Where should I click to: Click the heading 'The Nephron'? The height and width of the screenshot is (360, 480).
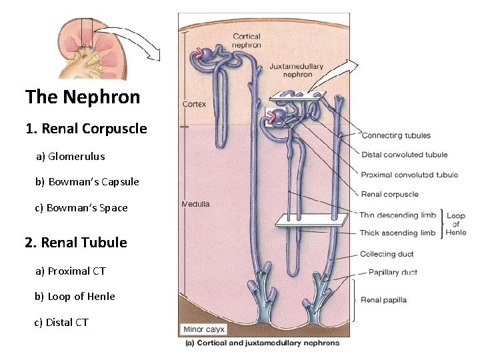click(x=83, y=97)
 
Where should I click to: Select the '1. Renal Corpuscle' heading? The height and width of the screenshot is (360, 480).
click(x=86, y=129)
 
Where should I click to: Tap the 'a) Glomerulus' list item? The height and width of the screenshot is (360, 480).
click(x=70, y=157)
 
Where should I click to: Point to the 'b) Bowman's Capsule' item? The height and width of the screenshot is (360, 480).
click(x=87, y=182)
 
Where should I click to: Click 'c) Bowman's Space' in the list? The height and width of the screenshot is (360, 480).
click(x=81, y=208)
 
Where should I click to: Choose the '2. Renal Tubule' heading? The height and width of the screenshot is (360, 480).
click(x=75, y=243)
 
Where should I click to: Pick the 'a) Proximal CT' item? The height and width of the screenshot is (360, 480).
click(x=70, y=271)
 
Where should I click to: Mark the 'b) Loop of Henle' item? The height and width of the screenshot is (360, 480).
click(x=75, y=297)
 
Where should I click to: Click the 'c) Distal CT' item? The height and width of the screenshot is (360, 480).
click(x=61, y=323)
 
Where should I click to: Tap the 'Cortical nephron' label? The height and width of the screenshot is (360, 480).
click(x=247, y=41)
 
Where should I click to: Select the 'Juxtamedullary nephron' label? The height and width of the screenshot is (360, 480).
click(x=297, y=71)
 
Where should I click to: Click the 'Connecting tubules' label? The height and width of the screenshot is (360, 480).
click(x=396, y=136)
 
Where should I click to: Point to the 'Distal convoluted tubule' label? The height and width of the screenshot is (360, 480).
click(x=405, y=155)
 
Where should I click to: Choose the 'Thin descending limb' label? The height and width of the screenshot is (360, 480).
click(x=398, y=215)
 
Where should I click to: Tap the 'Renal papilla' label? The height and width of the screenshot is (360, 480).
click(x=383, y=300)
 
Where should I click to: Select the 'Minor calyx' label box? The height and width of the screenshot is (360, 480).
click(x=205, y=329)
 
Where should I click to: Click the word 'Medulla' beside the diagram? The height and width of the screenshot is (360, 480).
click(x=195, y=204)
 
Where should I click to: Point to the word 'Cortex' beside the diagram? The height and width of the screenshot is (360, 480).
click(x=194, y=104)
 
